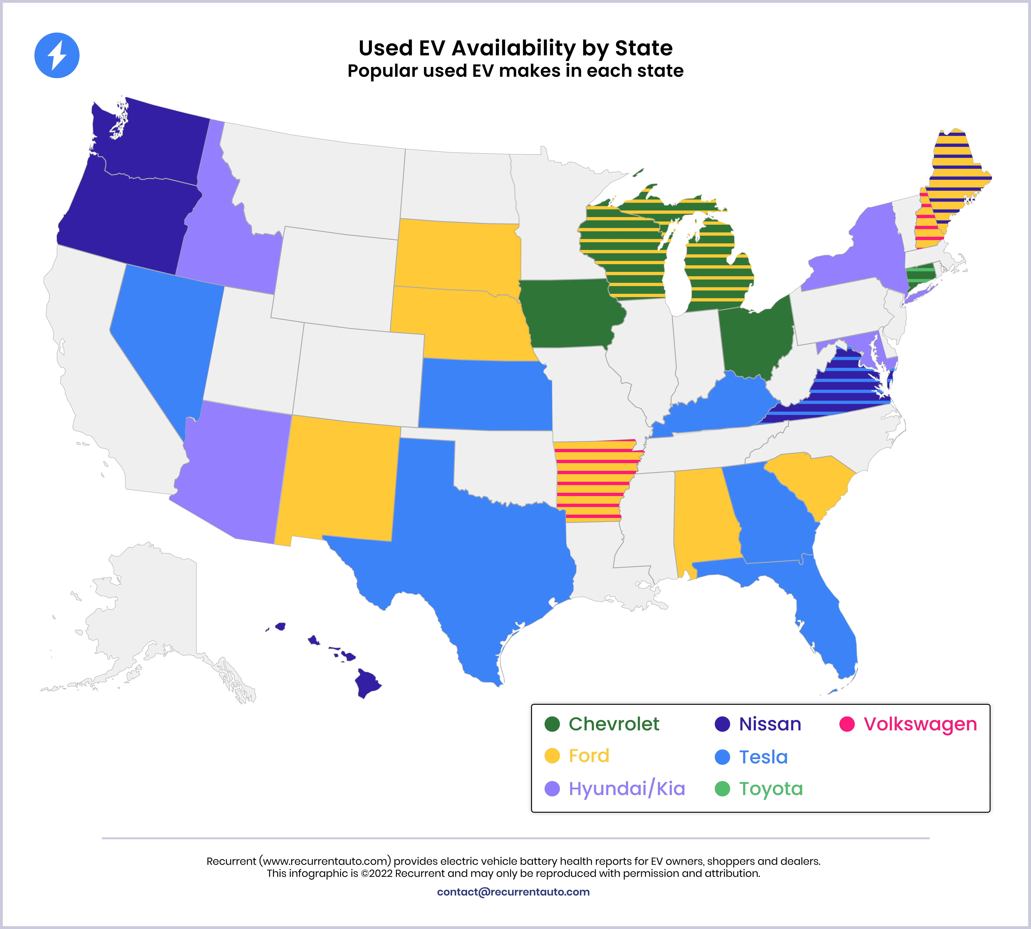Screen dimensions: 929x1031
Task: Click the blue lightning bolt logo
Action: pyautogui.click(x=57, y=55)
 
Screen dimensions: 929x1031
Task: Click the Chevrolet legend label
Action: pyautogui.click(x=614, y=724)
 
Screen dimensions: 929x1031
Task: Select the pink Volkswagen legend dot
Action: pyautogui.click(x=847, y=724)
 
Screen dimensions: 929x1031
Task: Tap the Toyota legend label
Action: pyautogui.click(x=771, y=789)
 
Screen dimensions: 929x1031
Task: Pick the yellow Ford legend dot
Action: pyautogui.click(x=552, y=756)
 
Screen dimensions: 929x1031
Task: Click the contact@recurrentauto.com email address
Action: pyautogui.click(x=513, y=892)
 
